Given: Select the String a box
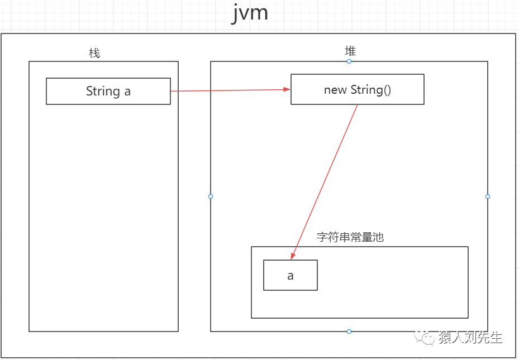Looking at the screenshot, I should click(108, 91).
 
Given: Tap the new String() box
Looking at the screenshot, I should click(357, 90).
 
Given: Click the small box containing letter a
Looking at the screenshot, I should click(290, 275).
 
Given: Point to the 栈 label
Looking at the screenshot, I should click(94, 53).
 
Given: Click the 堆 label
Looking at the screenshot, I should click(350, 51).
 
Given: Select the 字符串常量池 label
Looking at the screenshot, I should click(350, 237).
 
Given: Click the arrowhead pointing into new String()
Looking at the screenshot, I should click(287, 89).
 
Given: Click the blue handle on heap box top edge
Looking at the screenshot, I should click(349, 61).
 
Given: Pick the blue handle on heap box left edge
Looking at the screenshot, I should click(211, 196).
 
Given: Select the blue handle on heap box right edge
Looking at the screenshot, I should click(488, 196).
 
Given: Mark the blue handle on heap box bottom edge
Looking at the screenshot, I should click(349, 332).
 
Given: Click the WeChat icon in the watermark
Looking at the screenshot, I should click(427, 338).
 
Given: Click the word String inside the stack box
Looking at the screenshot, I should click(103, 91).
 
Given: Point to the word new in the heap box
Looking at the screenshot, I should click(335, 90).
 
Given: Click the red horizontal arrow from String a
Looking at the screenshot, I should click(229, 90).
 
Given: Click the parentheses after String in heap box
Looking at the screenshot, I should click(387, 90).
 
